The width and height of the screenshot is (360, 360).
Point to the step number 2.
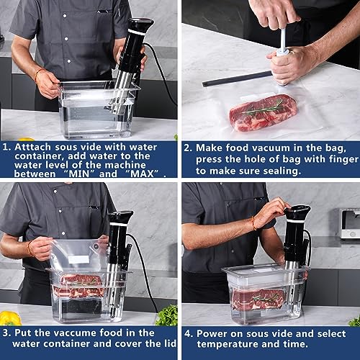click(x=188, y=147)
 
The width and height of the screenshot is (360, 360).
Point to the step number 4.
click(x=188, y=333)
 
